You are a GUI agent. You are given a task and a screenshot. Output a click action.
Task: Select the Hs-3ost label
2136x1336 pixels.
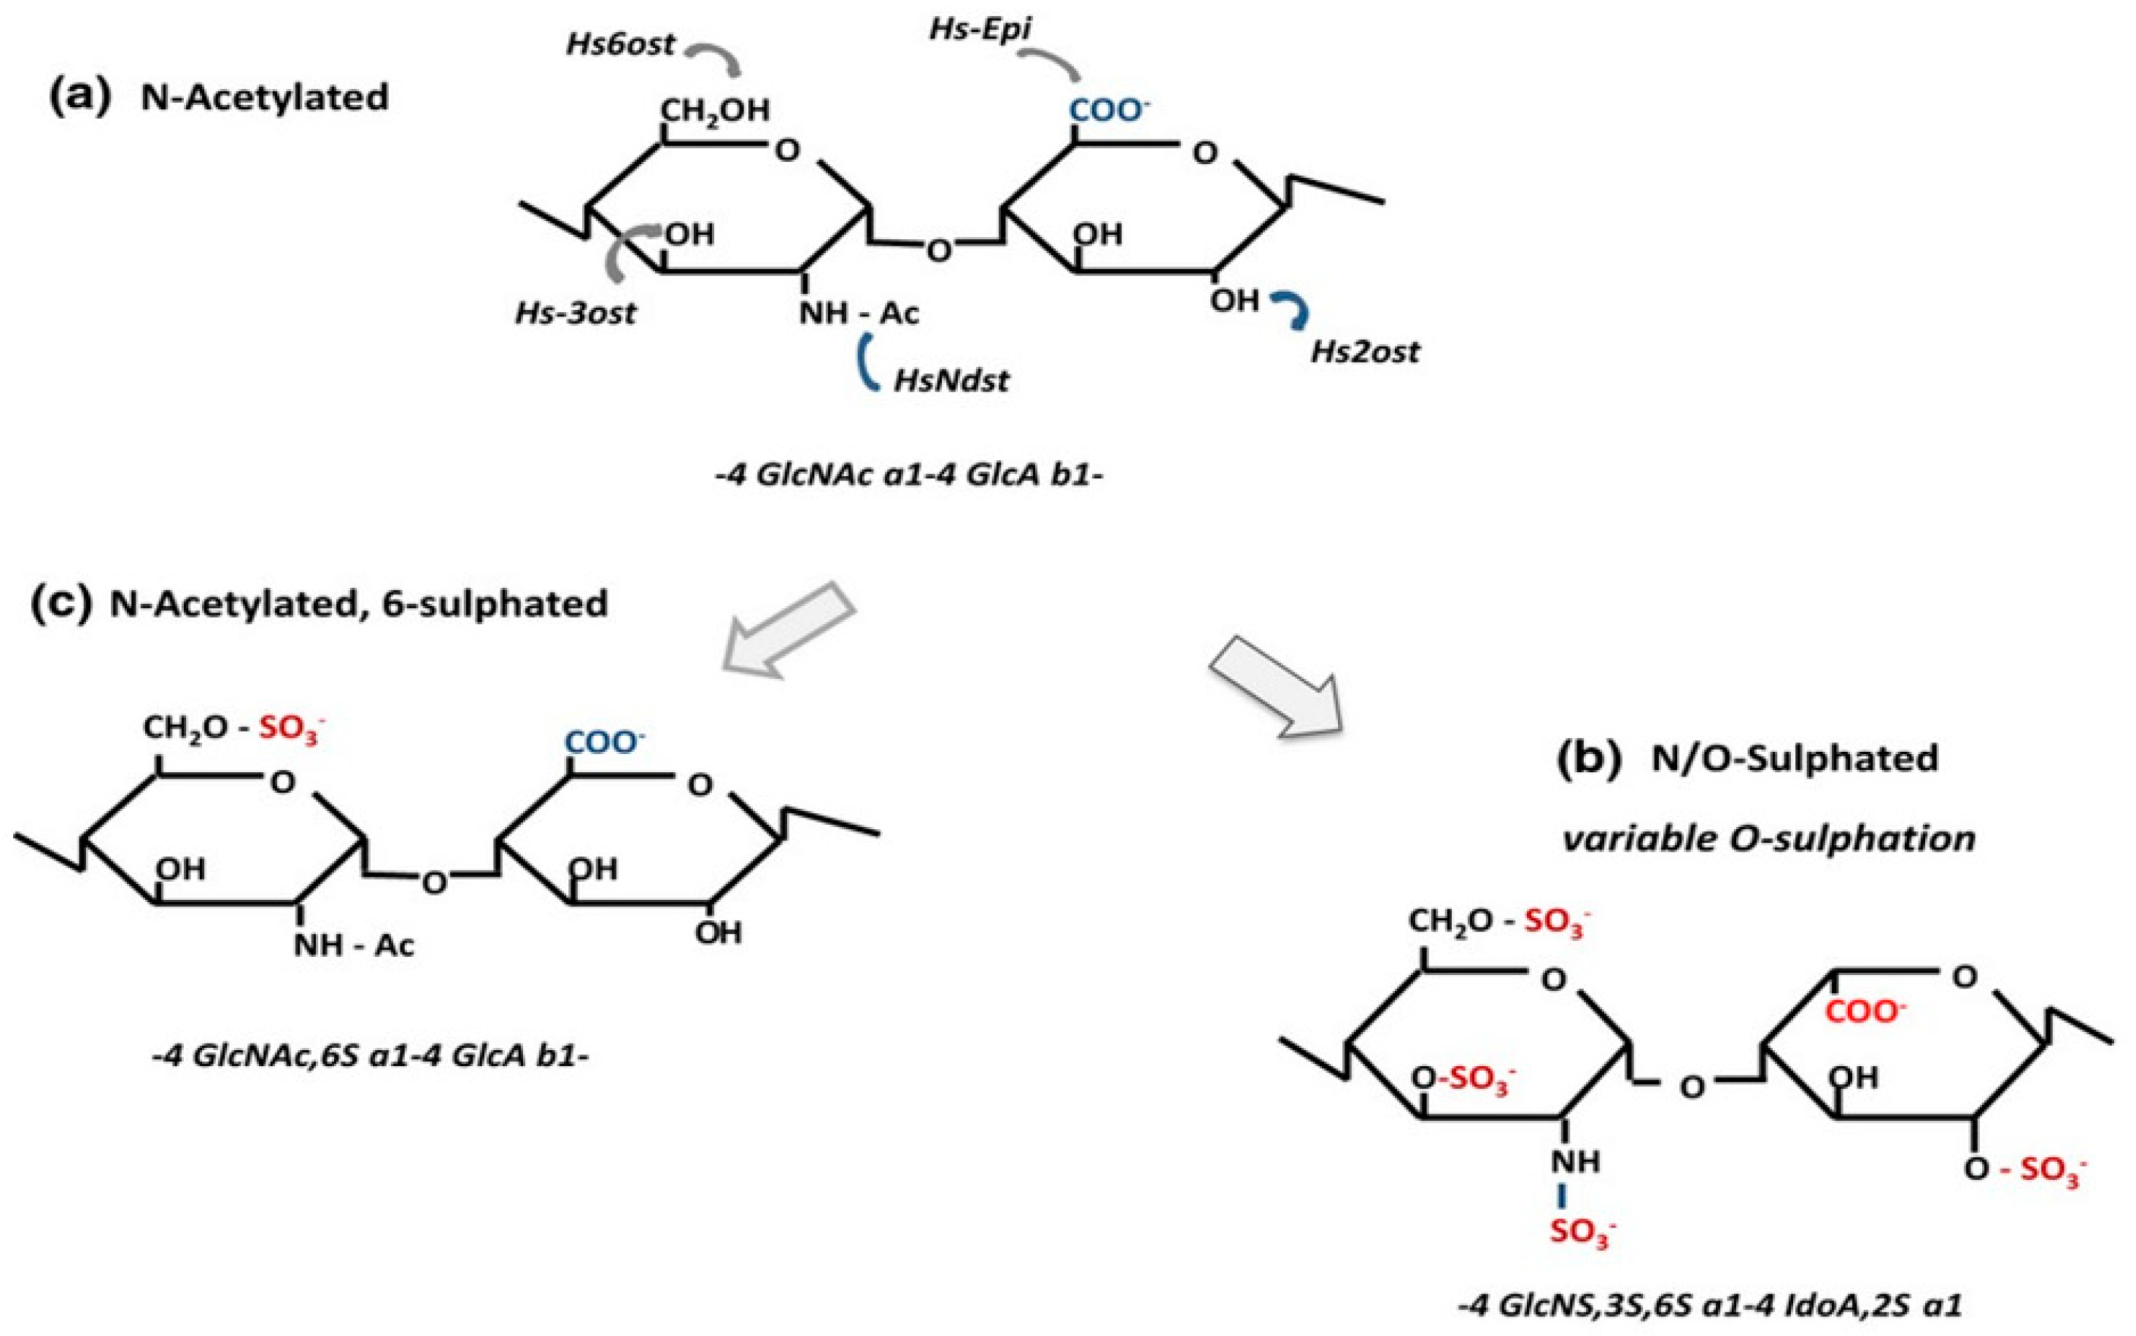coord(576,314)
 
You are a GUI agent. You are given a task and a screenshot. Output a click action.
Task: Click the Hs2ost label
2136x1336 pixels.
coord(1364,352)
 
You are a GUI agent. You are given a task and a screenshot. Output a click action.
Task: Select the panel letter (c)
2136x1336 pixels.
coord(61,604)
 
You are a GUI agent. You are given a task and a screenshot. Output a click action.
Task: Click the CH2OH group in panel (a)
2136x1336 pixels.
coord(715,110)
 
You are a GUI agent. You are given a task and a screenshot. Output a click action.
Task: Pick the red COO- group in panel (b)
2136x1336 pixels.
coord(1865,1011)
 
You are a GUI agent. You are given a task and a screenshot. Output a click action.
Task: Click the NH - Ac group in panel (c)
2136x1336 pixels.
coord(354,945)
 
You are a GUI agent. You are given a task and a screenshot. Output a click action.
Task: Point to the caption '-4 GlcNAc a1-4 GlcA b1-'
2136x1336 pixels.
coord(910,476)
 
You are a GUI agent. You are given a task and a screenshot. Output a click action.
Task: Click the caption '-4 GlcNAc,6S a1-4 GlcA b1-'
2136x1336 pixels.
coord(369,1056)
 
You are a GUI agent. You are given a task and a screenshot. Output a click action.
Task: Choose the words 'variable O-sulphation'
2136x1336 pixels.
coord(1768,838)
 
